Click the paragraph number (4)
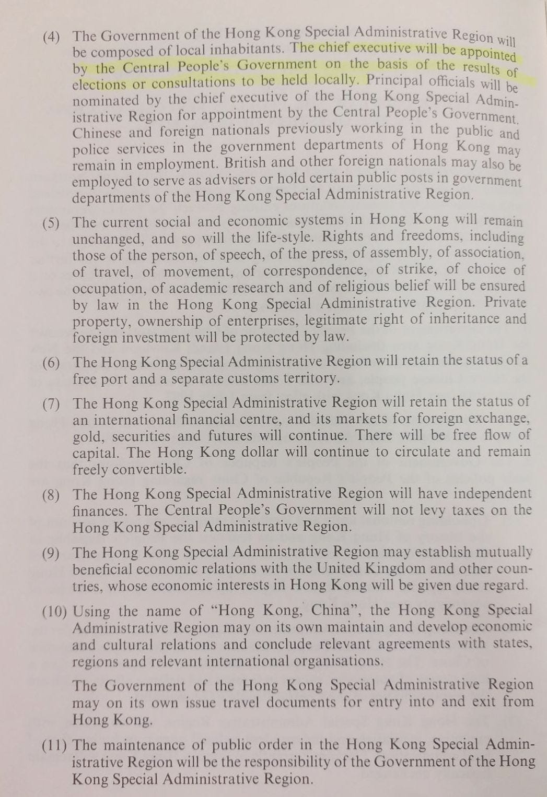(x=52, y=37)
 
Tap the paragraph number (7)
(x=51, y=404)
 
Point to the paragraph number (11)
(x=54, y=746)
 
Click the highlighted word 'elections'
(x=99, y=84)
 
